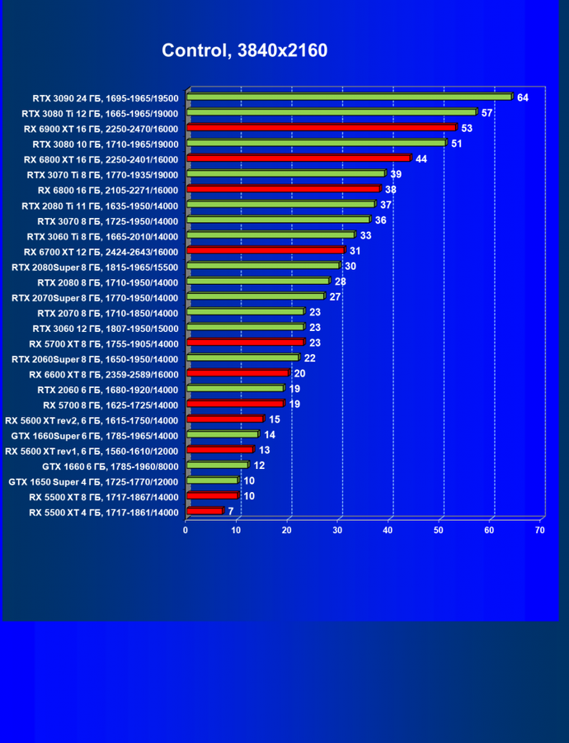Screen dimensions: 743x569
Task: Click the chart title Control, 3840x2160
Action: click(244, 50)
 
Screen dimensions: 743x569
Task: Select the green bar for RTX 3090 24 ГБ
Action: click(350, 97)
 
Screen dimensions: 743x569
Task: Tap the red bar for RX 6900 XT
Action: click(321, 128)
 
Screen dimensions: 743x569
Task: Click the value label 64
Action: click(523, 97)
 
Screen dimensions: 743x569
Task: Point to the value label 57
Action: click(487, 112)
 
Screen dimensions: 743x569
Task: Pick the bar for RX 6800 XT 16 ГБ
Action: click(299, 159)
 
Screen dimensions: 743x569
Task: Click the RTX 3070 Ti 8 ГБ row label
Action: click(102, 174)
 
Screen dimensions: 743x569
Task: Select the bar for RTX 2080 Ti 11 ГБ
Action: click(280, 205)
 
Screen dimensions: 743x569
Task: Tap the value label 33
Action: click(365, 235)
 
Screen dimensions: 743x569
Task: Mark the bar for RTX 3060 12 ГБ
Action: click(245, 328)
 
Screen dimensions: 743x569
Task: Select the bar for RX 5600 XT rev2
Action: click(224, 419)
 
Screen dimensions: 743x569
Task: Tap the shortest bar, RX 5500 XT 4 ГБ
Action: click(205, 512)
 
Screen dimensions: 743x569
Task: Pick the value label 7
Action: click(231, 512)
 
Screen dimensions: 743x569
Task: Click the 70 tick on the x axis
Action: click(540, 530)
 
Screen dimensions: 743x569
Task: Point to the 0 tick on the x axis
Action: click(186, 530)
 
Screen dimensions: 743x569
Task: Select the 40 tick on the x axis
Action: click(388, 530)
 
